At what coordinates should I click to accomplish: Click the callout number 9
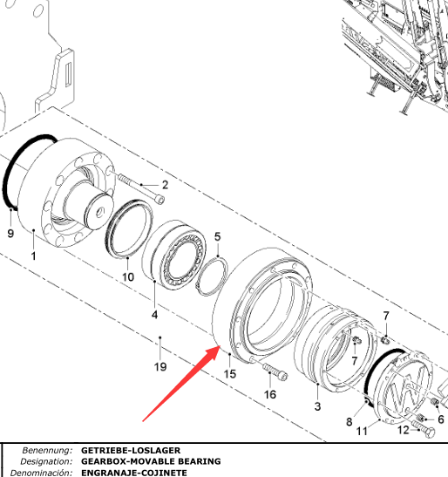click(x=10, y=234)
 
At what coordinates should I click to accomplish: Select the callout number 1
click(x=33, y=256)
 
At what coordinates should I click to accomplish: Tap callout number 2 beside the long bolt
click(x=165, y=185)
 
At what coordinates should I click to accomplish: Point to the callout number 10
click(x=128, y=276)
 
